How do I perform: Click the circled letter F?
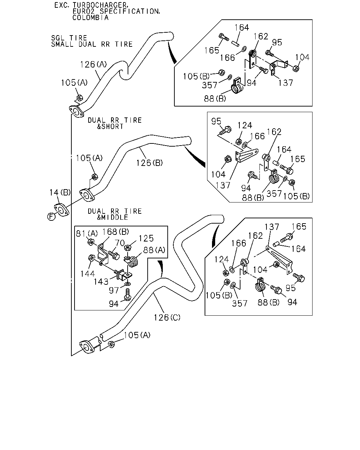click(51, 217)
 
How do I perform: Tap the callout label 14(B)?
click(60, 192)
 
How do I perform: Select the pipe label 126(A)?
click(93, 64)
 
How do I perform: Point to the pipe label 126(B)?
click(149, 162)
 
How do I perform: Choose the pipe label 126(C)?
click(167, 317)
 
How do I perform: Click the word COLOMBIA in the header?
click(90, 18)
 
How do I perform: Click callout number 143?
click(101, 282)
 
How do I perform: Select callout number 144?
click(88, 274)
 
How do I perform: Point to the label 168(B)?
click(115, 231)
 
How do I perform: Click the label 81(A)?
click(86, 233)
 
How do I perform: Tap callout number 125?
click(146, 238)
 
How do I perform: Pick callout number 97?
click(114, 290)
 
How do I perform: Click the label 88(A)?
click(154, 250)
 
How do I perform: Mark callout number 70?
click(120, 243)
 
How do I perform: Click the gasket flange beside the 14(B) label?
click(62, 210)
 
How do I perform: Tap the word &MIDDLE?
click(112, 217)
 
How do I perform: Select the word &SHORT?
click(110, 126)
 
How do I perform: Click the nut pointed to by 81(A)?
click(91, 242)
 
